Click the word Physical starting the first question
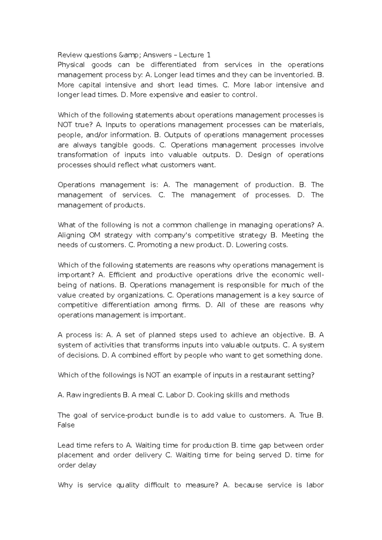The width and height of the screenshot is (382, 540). tap(71, 65)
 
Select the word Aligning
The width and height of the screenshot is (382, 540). tap(71, 235)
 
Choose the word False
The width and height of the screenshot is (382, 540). tap(66, 425)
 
